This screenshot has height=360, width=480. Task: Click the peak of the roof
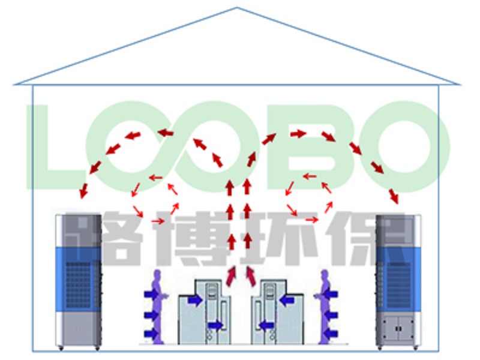pos(238,8)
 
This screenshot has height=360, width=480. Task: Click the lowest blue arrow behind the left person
pos(150,333)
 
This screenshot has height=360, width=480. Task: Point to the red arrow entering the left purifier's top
pos(83,191)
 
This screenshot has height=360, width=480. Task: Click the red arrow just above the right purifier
pos(394,196)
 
